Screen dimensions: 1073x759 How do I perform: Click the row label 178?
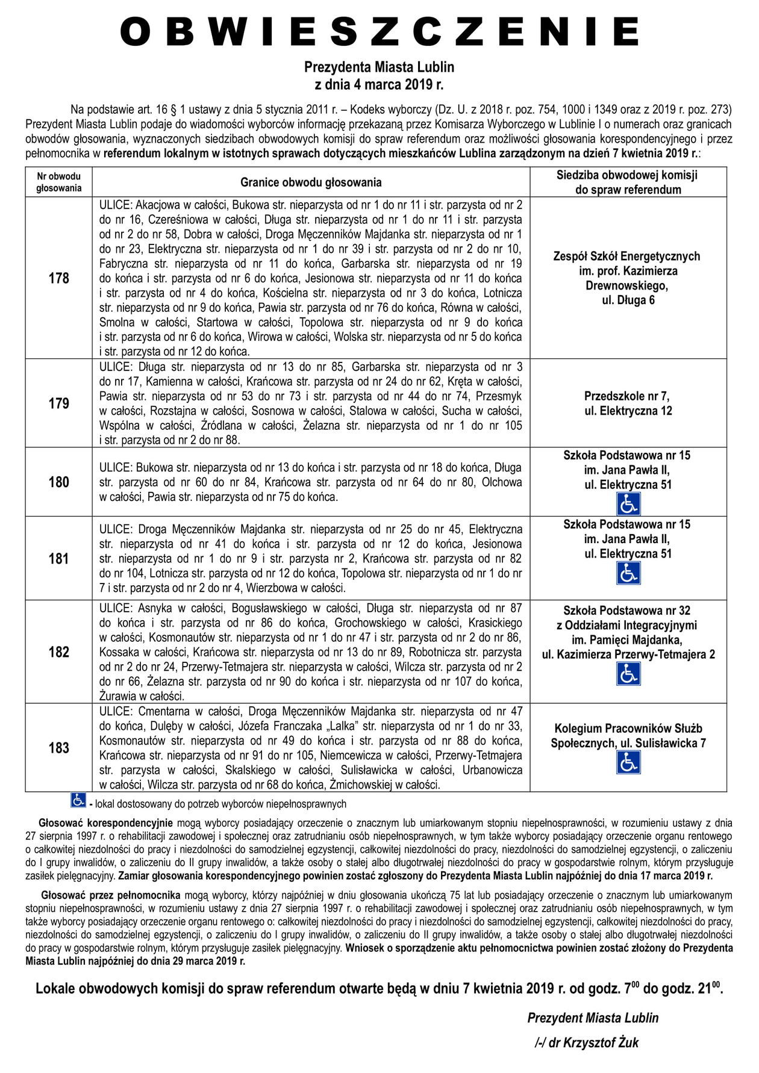pyautogui.click(x=58, y=278)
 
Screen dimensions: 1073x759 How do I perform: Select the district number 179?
pyautogui.click(x=58, y=403)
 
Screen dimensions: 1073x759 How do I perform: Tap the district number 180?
pyautogui.click(x=58, y=482)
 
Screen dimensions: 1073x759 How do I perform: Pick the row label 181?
pyautogui.click(x=58, y=558)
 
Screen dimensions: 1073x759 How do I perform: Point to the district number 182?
pyautogui.click(x=58, y=652)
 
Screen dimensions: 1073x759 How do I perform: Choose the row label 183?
pyautogui.click(x=58, y=748)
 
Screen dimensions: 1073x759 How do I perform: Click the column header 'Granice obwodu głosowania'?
pyautogui.click(x=311, y=182)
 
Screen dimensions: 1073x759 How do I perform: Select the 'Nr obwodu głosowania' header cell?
pyautogui.click(x=58, y=182)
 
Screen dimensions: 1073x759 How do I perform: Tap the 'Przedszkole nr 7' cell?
pyautogui.click(x=628, y=403)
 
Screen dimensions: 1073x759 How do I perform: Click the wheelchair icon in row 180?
pyautogui.click(x=628, y=504)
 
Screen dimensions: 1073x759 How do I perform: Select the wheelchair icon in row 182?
pyautogui.click(x=628, y=674)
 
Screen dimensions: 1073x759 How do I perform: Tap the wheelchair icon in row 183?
pyautogui.click(x=628, y=762)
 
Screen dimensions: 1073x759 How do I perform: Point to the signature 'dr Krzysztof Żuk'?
pyautogui.click(x=586, y=1043)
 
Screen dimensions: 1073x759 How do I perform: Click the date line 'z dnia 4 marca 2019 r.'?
pyautogui.click(x=379, y=84)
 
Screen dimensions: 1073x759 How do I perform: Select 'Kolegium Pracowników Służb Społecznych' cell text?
pyautogui.click(x=628, y=736)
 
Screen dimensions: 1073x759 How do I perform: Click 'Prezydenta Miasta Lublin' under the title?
pyautogui.click(x=379, y=66)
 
